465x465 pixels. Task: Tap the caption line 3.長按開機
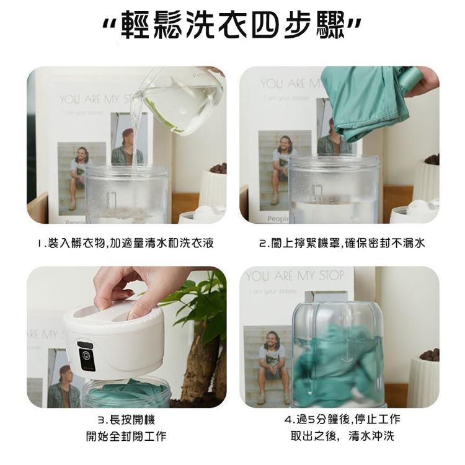click(x=125, y=420)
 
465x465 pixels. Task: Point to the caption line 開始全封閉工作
click(x=125, y=436)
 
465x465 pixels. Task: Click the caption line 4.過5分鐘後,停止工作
click(x=342, y=420)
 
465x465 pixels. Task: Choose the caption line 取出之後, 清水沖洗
click(x=342, y=436)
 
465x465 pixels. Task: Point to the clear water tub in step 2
click(x=335, y=189)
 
